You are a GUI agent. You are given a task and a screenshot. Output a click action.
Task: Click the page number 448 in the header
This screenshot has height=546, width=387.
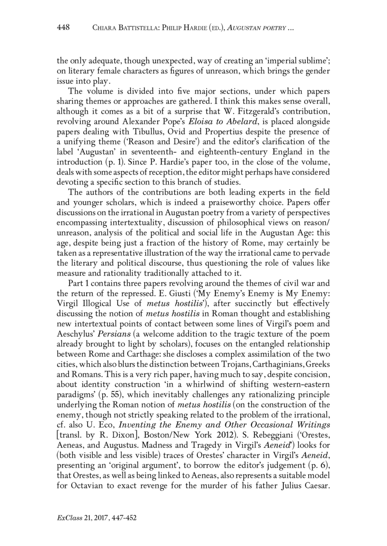64,28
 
